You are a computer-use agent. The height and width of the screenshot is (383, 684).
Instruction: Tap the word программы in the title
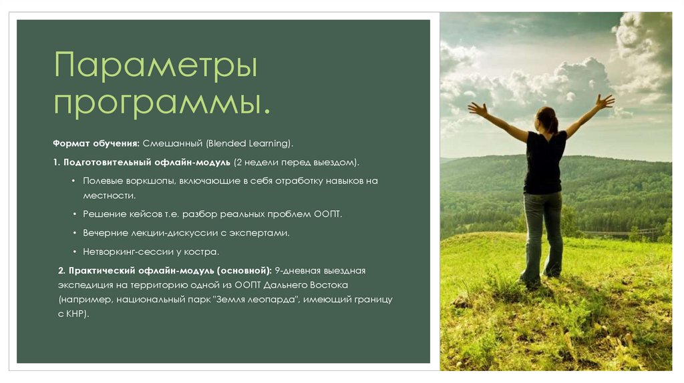coord(162,103)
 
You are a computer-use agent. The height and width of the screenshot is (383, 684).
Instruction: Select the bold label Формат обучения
coord(96,143)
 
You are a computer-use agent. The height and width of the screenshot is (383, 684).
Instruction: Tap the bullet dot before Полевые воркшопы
coord(73,181)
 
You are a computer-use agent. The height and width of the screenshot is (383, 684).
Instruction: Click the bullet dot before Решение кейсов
coord(73,214)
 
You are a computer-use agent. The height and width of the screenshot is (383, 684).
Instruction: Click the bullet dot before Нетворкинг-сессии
coord(73,252)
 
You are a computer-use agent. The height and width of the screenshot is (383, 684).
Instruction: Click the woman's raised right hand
coord(605,101)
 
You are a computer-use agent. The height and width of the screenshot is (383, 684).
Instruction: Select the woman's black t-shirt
coord(544,162)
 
